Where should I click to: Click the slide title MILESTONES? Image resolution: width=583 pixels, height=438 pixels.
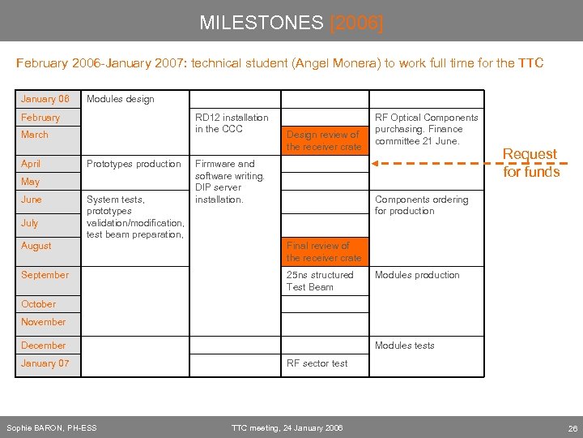point(262,23)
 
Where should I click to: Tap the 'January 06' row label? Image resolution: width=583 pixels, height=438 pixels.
point(45,99)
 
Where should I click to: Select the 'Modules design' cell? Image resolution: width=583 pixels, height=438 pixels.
point(120,99)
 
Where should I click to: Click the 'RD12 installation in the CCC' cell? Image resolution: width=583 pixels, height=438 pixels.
point(232,123)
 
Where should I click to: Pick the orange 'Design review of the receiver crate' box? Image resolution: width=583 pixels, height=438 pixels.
point(323,140)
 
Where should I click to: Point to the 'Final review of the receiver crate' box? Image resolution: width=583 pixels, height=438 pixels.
point(324,251)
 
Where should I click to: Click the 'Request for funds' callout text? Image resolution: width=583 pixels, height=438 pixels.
point(530,163)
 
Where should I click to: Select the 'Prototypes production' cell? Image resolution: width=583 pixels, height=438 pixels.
point(134,164)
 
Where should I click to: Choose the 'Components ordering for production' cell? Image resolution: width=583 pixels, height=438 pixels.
point(421,205)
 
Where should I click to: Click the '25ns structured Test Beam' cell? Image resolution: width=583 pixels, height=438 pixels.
point(320,281)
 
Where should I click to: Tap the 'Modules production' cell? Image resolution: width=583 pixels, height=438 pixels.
point(417,275)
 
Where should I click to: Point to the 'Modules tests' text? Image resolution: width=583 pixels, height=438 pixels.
point(404,346)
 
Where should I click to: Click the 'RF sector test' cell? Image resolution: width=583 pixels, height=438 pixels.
point(317,363)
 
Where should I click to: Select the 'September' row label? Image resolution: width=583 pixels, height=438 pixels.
point(45,275)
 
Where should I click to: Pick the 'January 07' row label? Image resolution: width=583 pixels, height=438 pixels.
point(45,363)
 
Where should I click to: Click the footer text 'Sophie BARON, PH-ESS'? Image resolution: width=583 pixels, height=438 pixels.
point(51,427)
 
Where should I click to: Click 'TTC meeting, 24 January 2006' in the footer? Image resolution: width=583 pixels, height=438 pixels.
point(287,427)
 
